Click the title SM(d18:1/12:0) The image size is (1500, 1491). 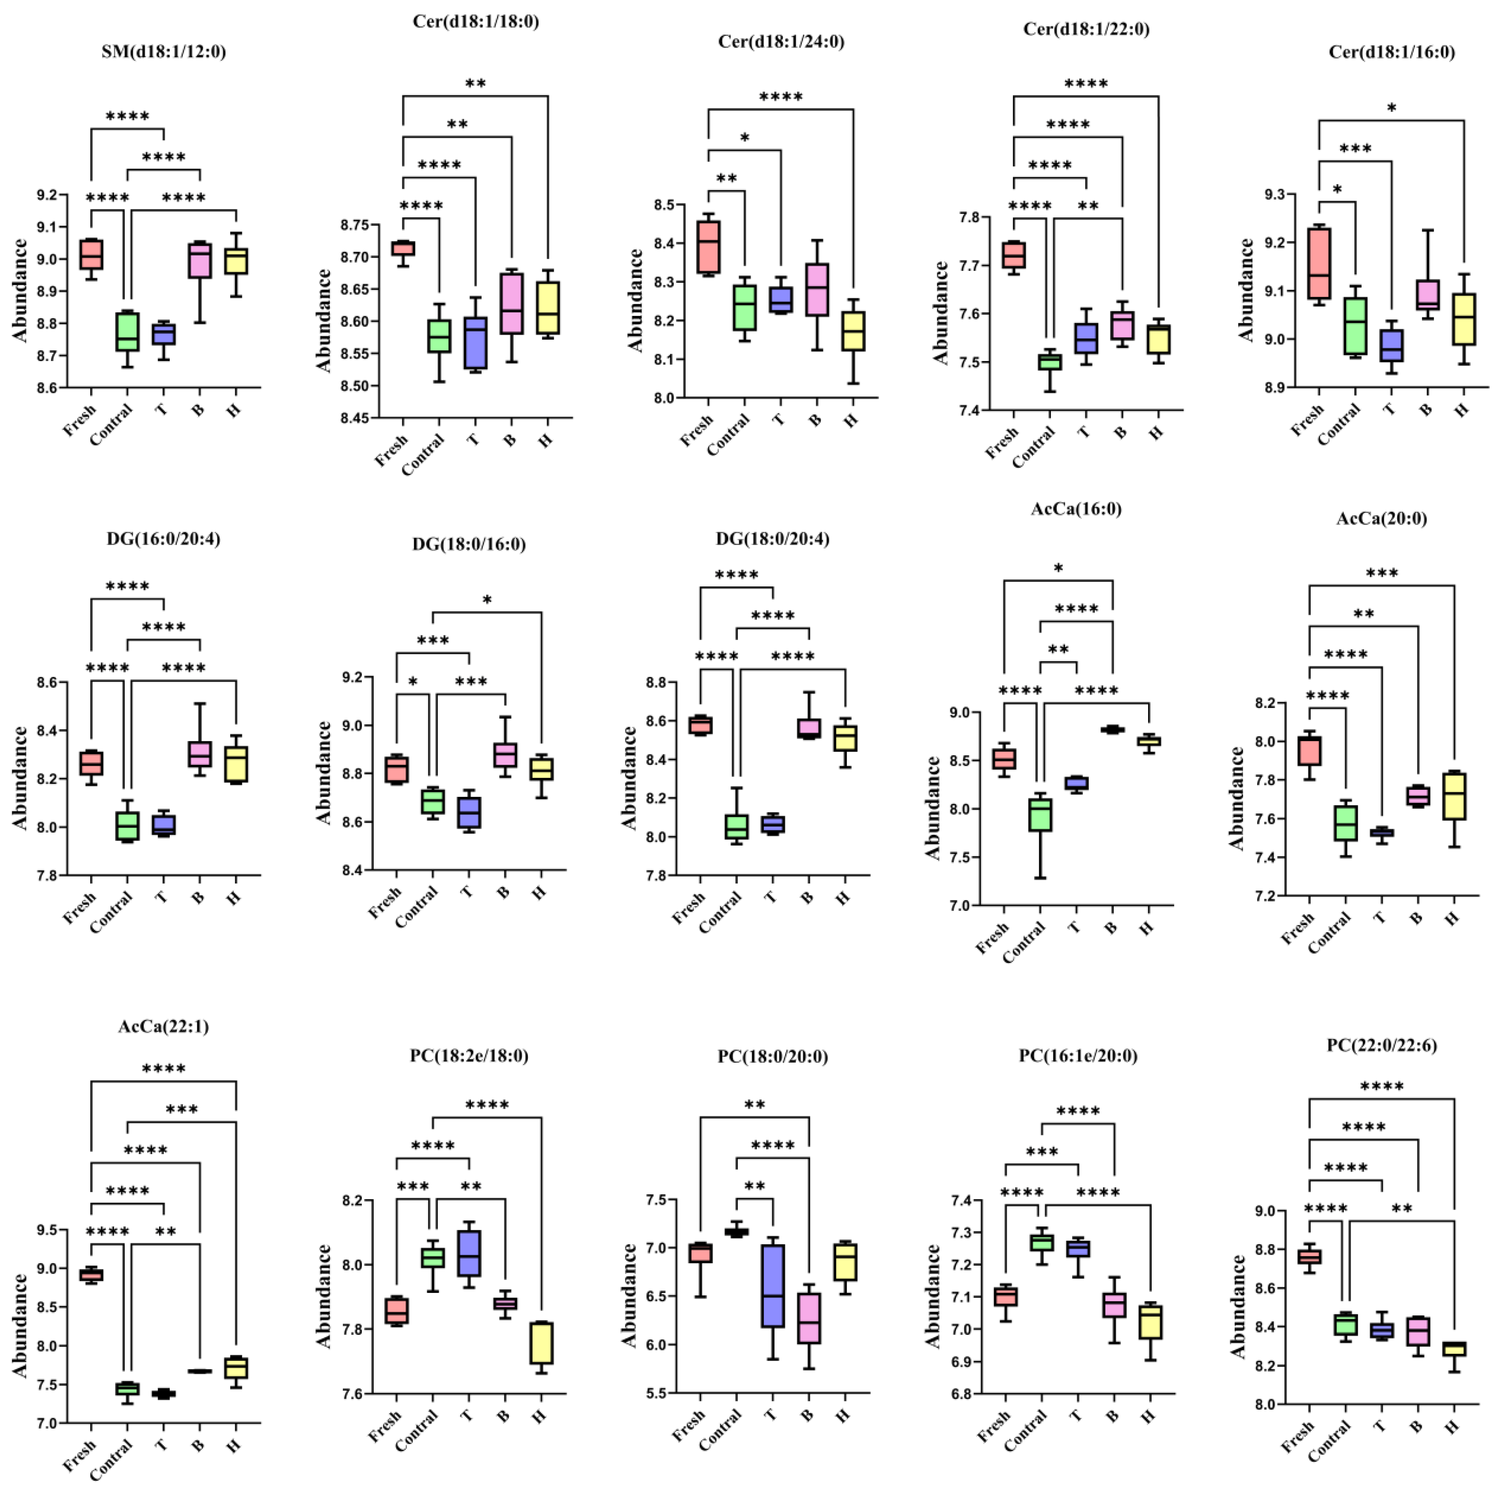click(164, 52)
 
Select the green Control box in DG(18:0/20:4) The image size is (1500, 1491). click(736, 826)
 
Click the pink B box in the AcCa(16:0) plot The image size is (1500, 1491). click(1113, 729)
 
